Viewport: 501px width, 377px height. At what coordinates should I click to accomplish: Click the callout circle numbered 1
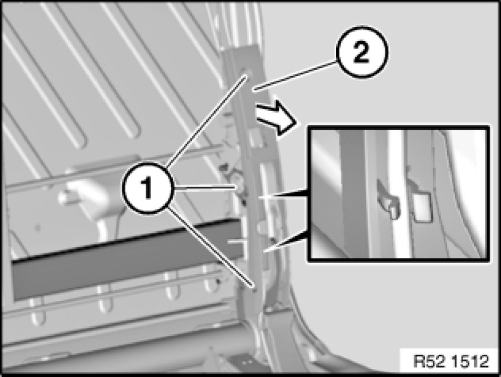148,188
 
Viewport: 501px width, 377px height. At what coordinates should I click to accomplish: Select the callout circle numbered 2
361,52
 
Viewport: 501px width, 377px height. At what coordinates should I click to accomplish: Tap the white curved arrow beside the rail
277,118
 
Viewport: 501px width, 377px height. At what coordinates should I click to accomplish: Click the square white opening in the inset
423,207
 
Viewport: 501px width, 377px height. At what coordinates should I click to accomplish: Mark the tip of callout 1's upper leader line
246,76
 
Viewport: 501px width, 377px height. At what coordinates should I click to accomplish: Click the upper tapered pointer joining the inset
283,195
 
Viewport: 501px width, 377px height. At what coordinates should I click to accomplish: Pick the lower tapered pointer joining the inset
285,242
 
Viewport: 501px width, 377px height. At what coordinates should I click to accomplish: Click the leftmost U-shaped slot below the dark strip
38,311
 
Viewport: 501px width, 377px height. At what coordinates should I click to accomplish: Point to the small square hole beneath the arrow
255,138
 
